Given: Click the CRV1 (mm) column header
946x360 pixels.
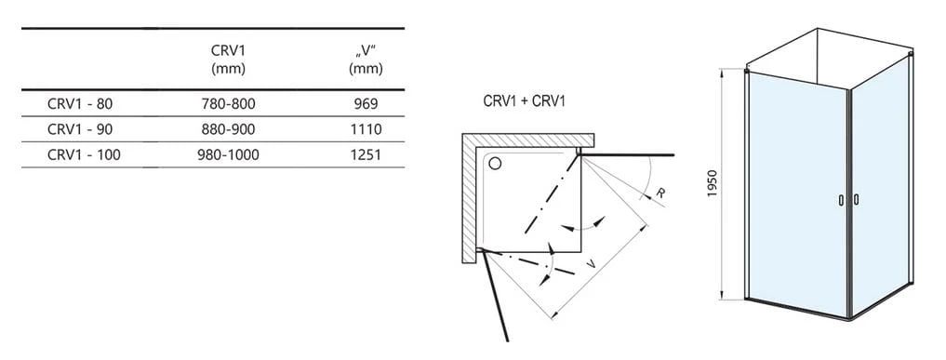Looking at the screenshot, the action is [228, 60].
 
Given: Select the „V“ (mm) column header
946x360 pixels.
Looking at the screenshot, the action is [366, 60].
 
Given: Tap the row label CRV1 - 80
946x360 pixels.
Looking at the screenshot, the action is [80, 103].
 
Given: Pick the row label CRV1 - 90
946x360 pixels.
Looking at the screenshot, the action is [80, 129].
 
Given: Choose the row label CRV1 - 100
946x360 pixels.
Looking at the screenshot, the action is [84, 155].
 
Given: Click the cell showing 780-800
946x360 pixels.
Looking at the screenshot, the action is [228, 103].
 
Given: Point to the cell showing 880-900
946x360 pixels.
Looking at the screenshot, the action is [228, 129].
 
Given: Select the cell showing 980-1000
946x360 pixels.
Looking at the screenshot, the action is [228, 155].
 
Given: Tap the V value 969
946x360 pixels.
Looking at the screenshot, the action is [366, 103].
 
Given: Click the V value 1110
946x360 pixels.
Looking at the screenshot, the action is [366, 129].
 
